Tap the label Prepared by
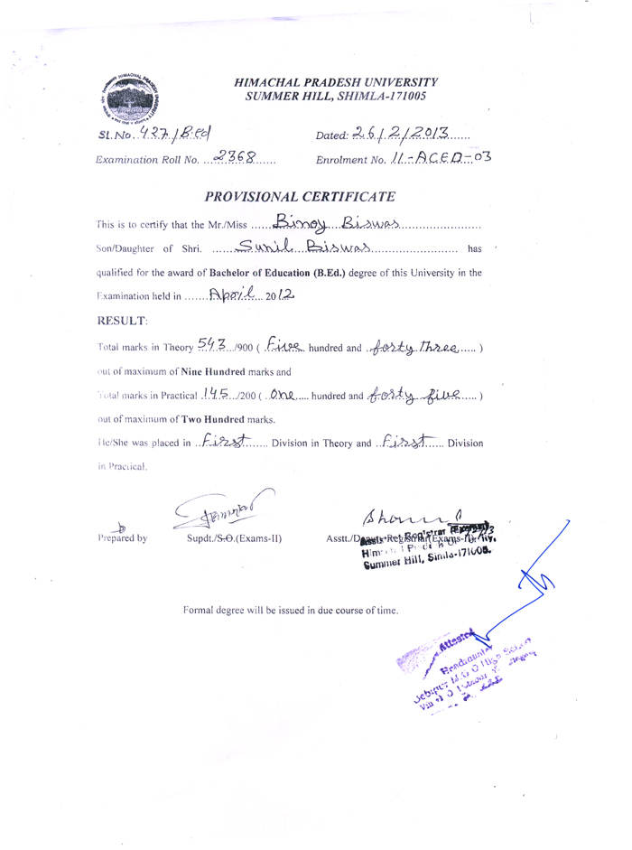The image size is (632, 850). pyautogui.click(x=124, y=539)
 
